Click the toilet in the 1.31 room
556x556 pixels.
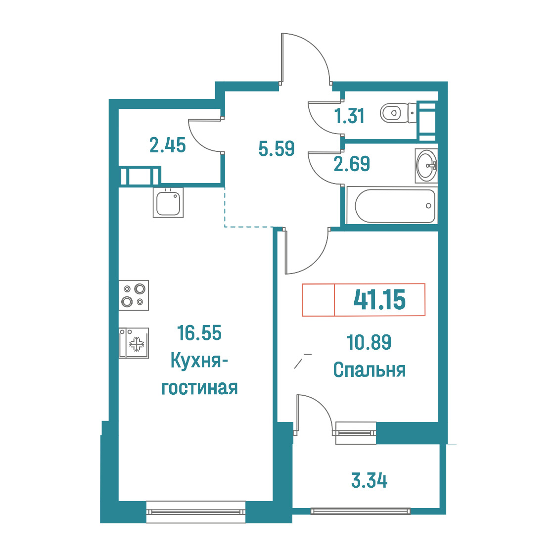[x=398, y=113]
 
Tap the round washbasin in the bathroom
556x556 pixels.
[x=426, y=166]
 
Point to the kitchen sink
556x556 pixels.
[x=168, y=203]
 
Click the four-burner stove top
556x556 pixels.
[x=134, y=295]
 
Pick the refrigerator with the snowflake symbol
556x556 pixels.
[x=134, y=343]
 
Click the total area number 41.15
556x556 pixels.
[x=379, y=300]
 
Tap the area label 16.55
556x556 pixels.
[x=199, y=333]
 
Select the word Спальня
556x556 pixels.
[x=370, y=370]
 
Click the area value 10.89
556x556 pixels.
[x=369, y=342]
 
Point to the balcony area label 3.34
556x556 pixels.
[x=370, y=481]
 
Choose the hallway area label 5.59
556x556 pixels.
[x=277, y=148]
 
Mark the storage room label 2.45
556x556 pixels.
[x=168, y=145]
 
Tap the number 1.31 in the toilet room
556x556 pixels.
[x=350, y=116]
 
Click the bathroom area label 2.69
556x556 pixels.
[x=352, y=164]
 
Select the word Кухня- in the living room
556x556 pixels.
[x=199, y=361]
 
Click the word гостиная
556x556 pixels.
[x=199, y=388]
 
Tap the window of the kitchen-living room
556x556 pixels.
[x=196, y=511]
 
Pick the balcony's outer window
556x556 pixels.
[x=360, y=511]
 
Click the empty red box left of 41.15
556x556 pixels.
[x=318, y=300]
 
